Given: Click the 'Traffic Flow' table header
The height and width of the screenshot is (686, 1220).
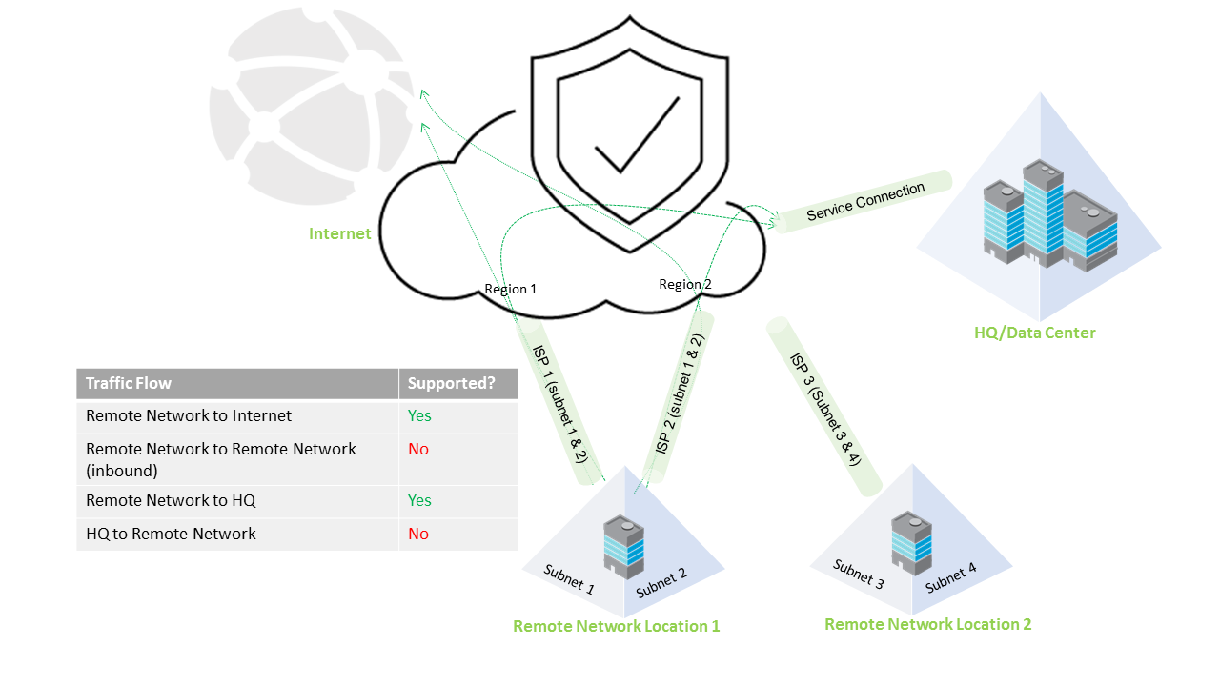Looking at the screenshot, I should pyautogui.click(x=129, y=383).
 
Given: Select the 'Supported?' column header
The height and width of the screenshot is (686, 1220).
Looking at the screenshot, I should pyautogui.click(x=452, y=383).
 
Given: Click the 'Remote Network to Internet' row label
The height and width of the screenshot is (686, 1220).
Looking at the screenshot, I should pyautogui.click(x=189, y=416).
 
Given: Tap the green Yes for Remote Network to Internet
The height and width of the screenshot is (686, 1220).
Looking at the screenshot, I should pyautogui.click(x=419, y=416).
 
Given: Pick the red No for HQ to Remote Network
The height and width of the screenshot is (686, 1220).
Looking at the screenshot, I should pyautogui.click(x=418, y=534).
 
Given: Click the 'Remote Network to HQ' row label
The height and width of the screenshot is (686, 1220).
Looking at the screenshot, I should pyautogui.click(x=171, y=500).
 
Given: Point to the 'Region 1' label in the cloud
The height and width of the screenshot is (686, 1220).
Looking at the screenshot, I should pyautogui.click(x=511, y=289).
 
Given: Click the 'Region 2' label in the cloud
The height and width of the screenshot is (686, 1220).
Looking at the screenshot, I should pyautogui.click(x=684, y=284).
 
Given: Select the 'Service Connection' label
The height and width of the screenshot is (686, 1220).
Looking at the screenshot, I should pyautogui.click(x=865, y=201).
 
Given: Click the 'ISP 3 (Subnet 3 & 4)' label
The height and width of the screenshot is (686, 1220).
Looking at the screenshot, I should pyautogui.click(x=825, y=408).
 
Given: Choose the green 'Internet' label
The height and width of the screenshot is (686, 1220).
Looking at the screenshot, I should pyautogui.click(x=339, y=233).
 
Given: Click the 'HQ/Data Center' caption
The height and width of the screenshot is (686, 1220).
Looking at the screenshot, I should pyautogui.click(x=1034, y=333).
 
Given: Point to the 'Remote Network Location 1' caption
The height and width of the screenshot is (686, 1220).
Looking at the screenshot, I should pyautogui.click(x=616, y=626).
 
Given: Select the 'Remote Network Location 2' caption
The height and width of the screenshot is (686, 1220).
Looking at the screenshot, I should pyautogui.click(x=927, y=624).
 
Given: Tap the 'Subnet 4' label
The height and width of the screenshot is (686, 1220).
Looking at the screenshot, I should pyautogui.click(x=950, y=577).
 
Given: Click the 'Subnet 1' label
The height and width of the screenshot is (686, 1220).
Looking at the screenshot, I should pyautogui.click(x=569, y=579).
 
